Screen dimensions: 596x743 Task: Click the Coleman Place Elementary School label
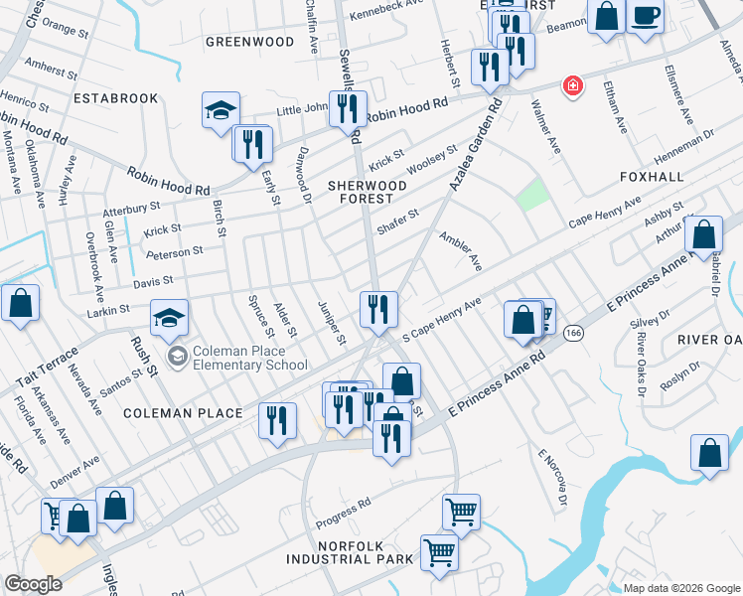[x=250, y=358]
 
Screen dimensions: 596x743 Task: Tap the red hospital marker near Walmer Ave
[x=571, y=86]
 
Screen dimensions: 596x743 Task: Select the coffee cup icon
[x=645, y=16]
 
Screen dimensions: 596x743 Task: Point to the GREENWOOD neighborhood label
[x=249, y=42]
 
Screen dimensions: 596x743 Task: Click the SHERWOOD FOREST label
[x=368, y=192]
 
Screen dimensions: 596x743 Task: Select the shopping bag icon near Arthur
[x=703, y=235]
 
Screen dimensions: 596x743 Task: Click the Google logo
[x=34, y=584]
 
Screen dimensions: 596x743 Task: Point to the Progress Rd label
[x=343, y=513]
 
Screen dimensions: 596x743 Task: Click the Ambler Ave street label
[x=461, y=252]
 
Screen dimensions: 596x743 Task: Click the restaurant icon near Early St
[x=253, y=145]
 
